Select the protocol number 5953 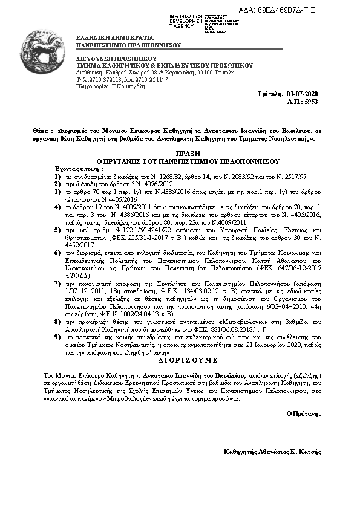[312, 102]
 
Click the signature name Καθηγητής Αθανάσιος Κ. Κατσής [272, 452]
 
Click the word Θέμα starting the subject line [41, 131]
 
